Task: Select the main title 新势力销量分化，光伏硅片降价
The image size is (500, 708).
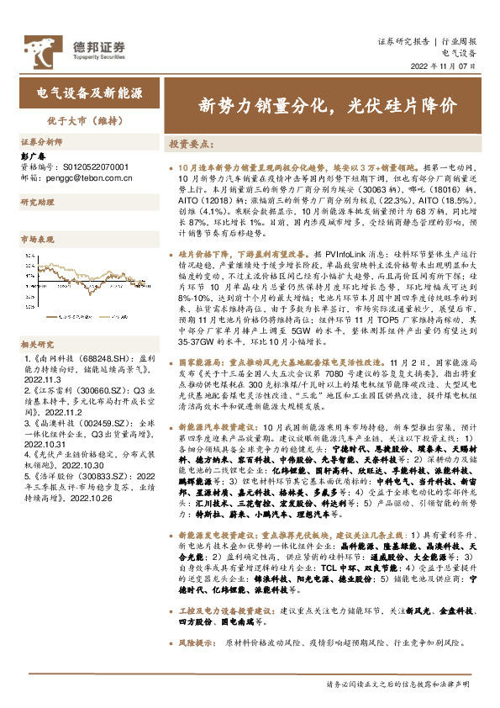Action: tap(328, 106)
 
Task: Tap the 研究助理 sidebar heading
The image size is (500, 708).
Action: tap(37, 203)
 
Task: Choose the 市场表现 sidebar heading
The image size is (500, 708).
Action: tap(37, 240)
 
